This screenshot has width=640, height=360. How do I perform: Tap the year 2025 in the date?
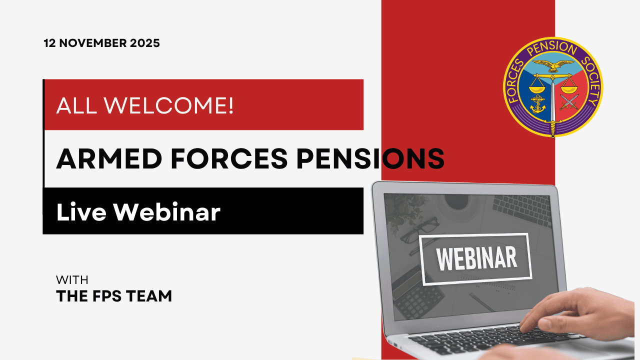[144, 43]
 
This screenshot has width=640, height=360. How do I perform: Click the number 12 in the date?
[49, 43]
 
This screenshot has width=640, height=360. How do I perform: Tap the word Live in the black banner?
[81, 212]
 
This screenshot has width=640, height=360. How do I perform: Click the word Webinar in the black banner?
[166, 212]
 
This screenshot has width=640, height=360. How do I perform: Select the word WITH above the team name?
[72, 280]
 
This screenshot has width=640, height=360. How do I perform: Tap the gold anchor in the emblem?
[537, 103]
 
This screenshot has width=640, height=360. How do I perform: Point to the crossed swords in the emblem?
[568, 102]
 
